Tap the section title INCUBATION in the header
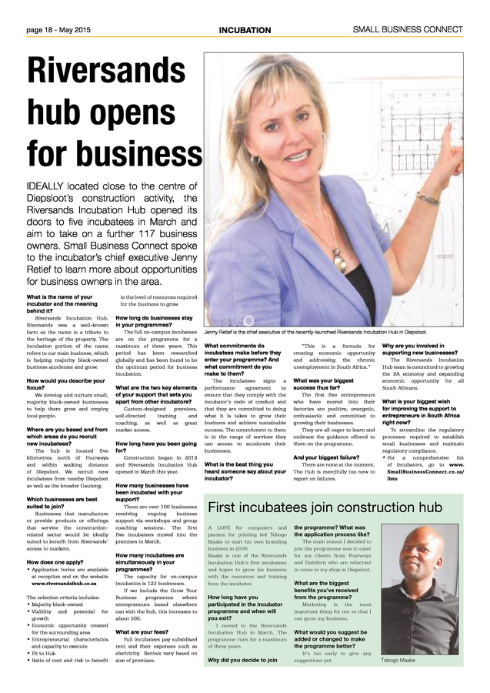pos(245,30)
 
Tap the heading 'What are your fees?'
pos(143,632)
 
